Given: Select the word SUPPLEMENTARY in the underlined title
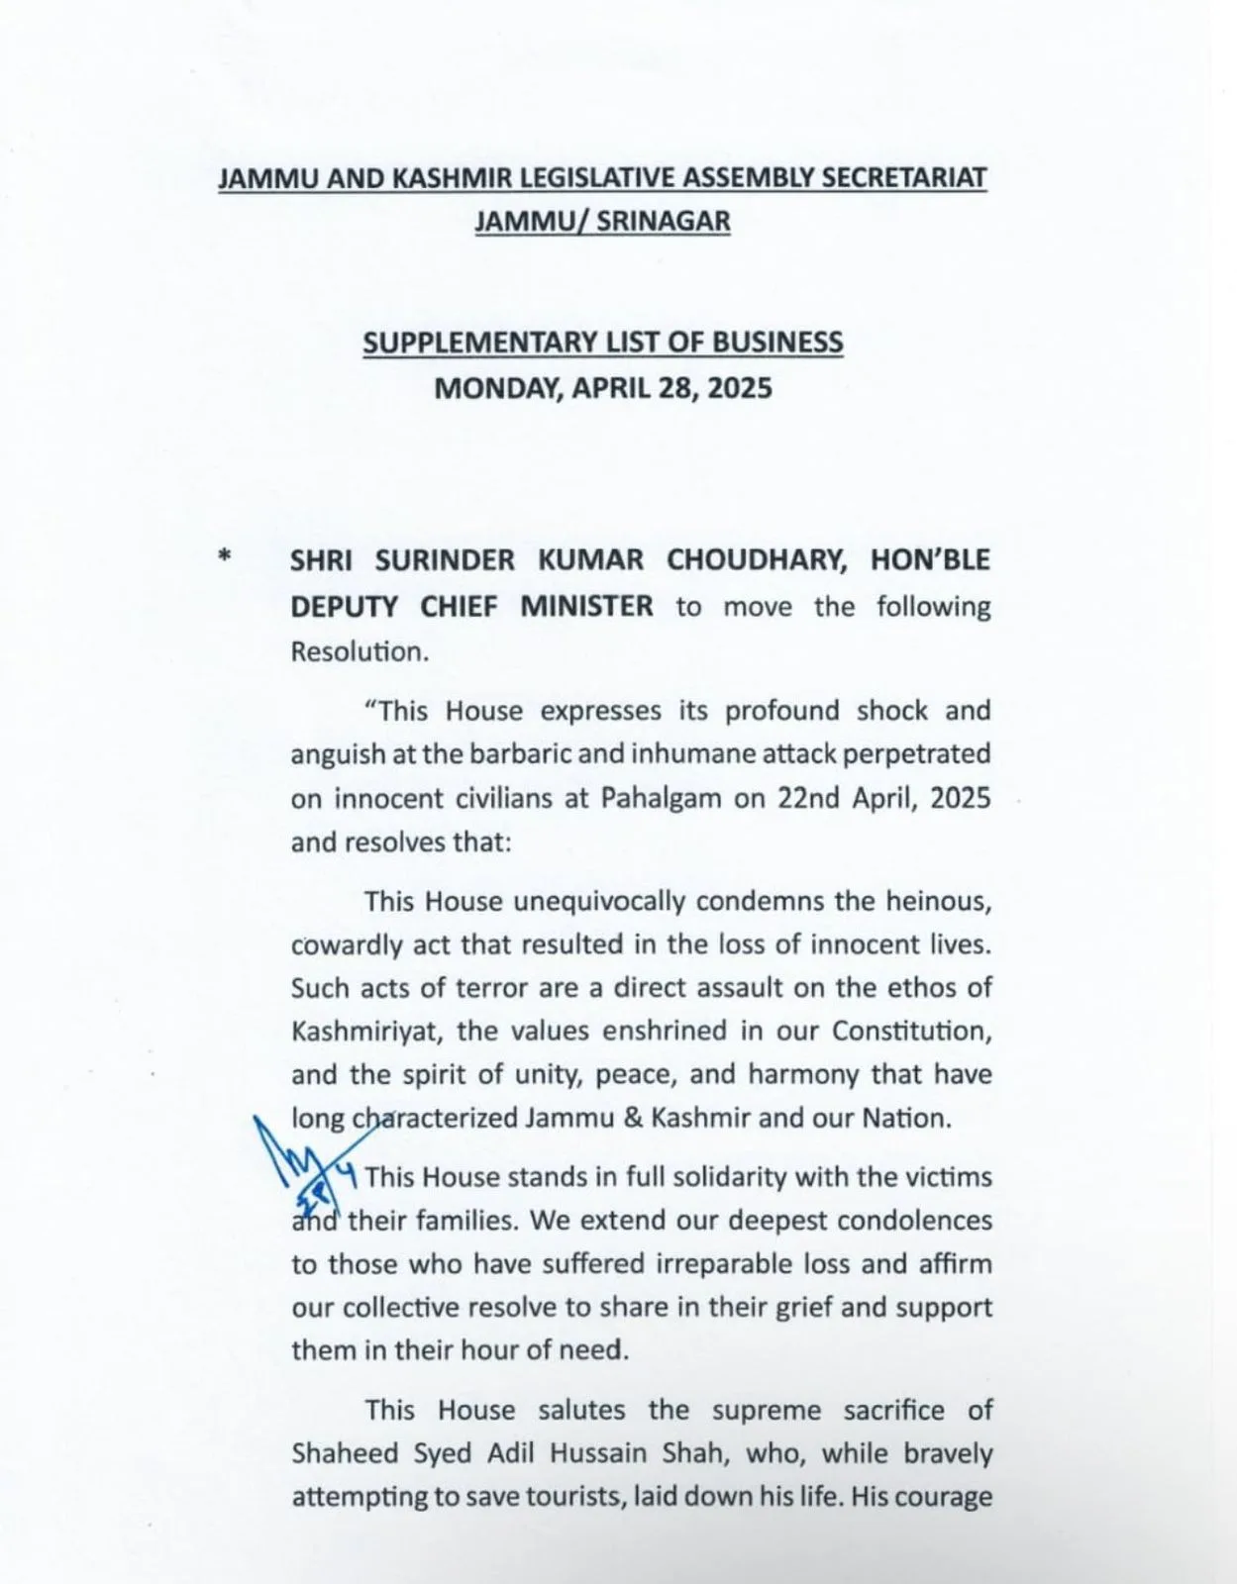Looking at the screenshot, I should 480,343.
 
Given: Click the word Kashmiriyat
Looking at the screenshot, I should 359,1031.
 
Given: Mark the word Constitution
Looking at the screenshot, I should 910,1031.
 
